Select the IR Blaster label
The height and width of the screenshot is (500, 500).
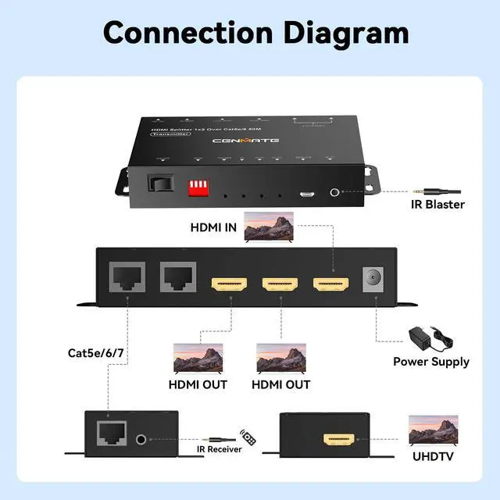(x=438, y=205)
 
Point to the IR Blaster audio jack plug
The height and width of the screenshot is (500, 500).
(x=437, y=189)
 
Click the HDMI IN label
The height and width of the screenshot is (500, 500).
(x=213, y=228)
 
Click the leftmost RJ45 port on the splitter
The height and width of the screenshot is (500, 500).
(x=125, y=277)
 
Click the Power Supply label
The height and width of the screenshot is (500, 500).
(x=431, y=362)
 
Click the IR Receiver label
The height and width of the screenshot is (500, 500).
(x=218, y=449)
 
